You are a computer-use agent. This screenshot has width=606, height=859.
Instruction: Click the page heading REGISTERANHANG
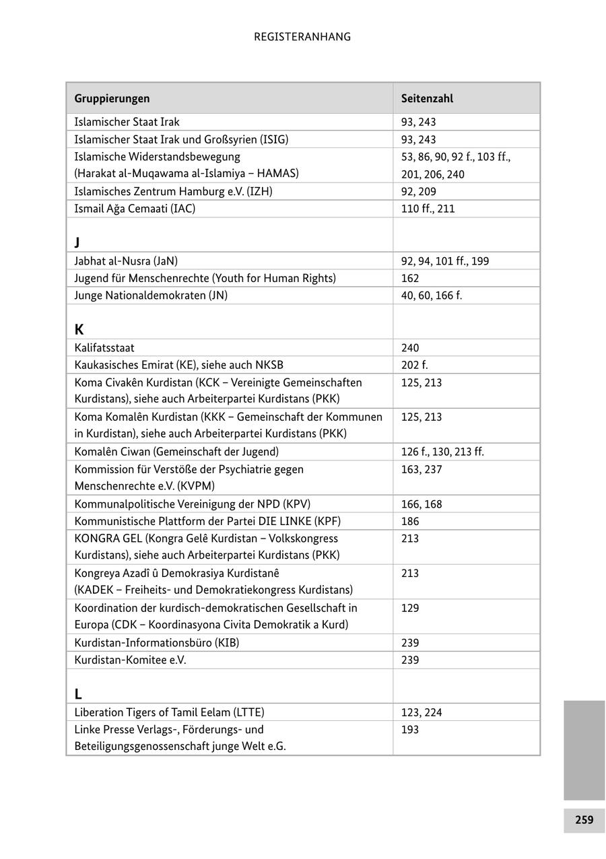pyautogui.click(x=302, y=37)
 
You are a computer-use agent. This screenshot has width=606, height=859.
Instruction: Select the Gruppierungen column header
pyautogui.click(x=112, y=98)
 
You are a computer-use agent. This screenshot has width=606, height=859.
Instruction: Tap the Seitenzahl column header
pyautogui.click(x=427, y=98)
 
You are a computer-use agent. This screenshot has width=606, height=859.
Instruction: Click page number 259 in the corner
pyautogui.click(x=584, y=820)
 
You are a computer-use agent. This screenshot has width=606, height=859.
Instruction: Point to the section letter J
pyautogui.click(x=77, y=242)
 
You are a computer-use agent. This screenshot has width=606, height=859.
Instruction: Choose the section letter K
pyautogui.click(x=79, y=330)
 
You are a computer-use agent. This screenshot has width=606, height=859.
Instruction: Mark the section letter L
pyautogui.click(x=78, y=694)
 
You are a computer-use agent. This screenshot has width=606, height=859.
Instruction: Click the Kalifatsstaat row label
pyautogui.click(x=104, y=348)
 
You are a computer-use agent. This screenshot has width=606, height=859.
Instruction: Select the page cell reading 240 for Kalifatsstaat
pyautogui.click(x=410, y=348)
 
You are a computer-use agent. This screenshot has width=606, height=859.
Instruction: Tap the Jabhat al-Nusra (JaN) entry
pyautogui.click(x=126, y=261)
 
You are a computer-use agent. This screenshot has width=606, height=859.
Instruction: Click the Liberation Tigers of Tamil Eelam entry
pyautogui.click(x=169, y=712)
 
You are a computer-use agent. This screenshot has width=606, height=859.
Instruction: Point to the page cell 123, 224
pyautogui.click(x=422, y=712)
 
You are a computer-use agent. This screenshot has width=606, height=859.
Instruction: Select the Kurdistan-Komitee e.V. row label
pyautogui.click(x=130, y=660)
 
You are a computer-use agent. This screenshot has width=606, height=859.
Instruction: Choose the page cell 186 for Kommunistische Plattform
pyautogui.click(x=410, y=521)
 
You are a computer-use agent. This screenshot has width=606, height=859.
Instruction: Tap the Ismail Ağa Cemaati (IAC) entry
pyautogui.click(x=135, y=209)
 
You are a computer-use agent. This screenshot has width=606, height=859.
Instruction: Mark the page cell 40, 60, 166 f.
pyautogui.click(x=432, y=295)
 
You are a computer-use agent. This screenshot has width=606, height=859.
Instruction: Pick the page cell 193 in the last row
pyautogui.click(x=410, y=730)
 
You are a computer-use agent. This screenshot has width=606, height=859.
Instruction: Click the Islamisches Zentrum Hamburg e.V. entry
pyautogui.click(x=173, y=191)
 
